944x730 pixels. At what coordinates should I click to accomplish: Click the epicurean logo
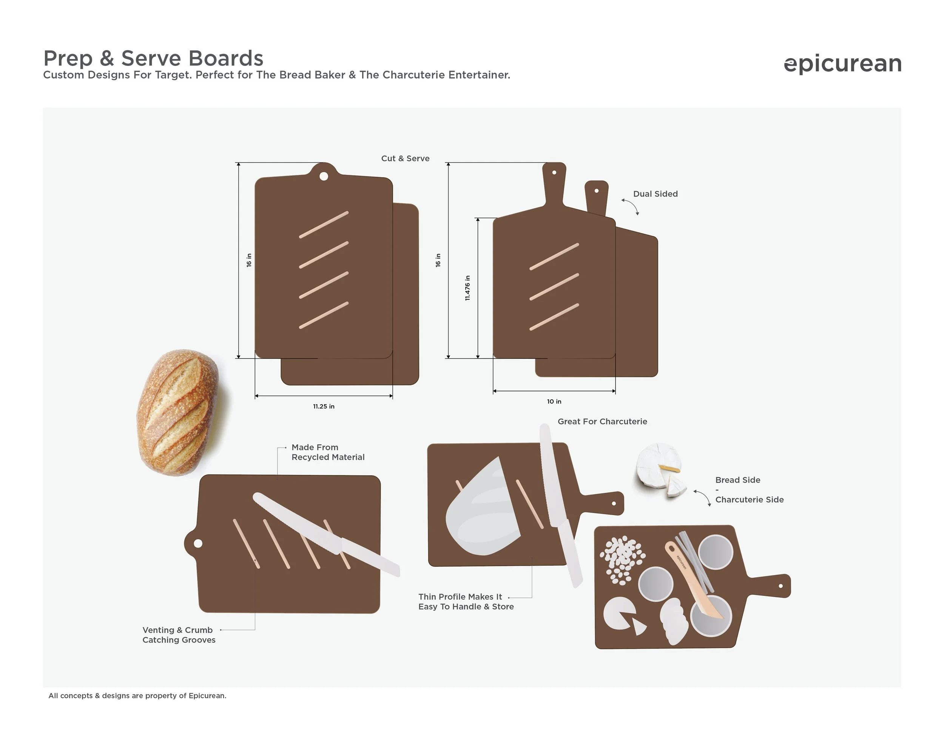842,64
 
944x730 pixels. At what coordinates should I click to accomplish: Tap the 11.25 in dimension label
324,407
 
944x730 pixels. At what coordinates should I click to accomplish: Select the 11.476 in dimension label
467,288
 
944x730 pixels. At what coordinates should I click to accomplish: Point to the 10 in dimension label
554,401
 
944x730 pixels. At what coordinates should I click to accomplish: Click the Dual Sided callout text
655,194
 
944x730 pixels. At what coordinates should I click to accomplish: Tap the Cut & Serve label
406,158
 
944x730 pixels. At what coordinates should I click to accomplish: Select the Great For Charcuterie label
602,421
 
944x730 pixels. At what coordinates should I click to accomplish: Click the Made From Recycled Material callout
328,452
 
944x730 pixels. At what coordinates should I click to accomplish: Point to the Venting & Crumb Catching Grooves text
179,635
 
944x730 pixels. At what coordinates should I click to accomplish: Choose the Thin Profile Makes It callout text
460,597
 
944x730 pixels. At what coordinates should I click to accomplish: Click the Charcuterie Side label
750,500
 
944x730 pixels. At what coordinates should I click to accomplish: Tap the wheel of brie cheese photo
660,469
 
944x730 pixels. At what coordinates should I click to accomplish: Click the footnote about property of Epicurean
137,695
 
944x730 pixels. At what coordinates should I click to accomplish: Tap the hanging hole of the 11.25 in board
323,176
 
